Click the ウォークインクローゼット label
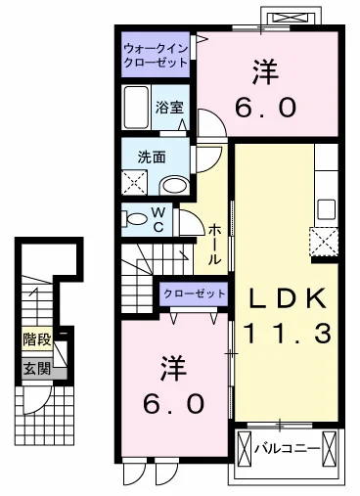tap(156, 56)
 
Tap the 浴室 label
tap(169, 108)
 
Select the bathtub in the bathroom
tap(137, 108)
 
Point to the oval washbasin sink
tap(175, 186)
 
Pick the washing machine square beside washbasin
tap(134, 183)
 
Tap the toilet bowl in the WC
tap(136, 219)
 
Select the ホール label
tap(214, 245)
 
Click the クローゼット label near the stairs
tap(195, 293)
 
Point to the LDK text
tap(288, 298)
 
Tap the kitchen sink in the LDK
tap(326, 209)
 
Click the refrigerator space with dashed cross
tap(324, 242)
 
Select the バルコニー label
tap(287, 449)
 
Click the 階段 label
tap(37, 339)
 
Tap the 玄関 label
tap(37, 369)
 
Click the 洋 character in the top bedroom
tap(265, 72)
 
